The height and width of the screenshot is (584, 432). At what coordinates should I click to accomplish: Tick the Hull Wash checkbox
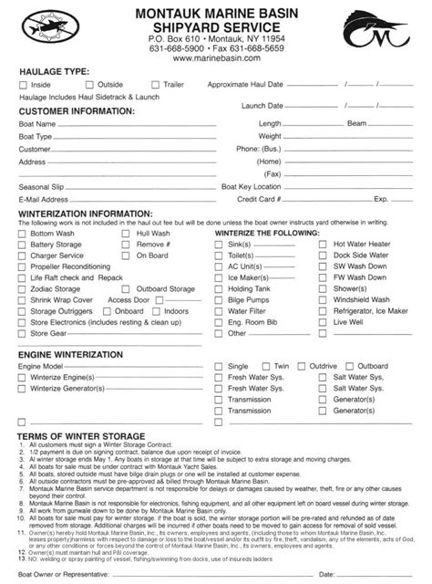(127, 234)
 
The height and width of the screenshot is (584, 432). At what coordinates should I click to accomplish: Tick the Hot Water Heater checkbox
(324, 245)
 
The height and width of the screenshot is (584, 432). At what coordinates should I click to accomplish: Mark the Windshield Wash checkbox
(324, 297)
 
